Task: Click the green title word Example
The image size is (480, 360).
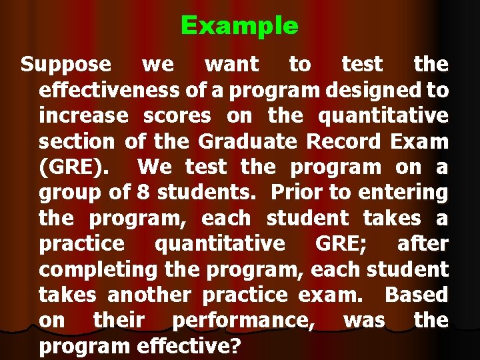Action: click(x=239, y=26)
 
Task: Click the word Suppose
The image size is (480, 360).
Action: click(x=65, y=65)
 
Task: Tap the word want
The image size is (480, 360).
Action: click(x=231, y=65)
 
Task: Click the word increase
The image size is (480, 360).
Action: click(x=83, y=116)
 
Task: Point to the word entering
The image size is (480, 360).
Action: click(x=403, y=193)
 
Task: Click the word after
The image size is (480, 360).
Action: click(x=423, y=243)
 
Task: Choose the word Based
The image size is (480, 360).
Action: click(x=417, y=295)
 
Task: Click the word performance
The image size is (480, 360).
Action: click(x=243, y=321)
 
